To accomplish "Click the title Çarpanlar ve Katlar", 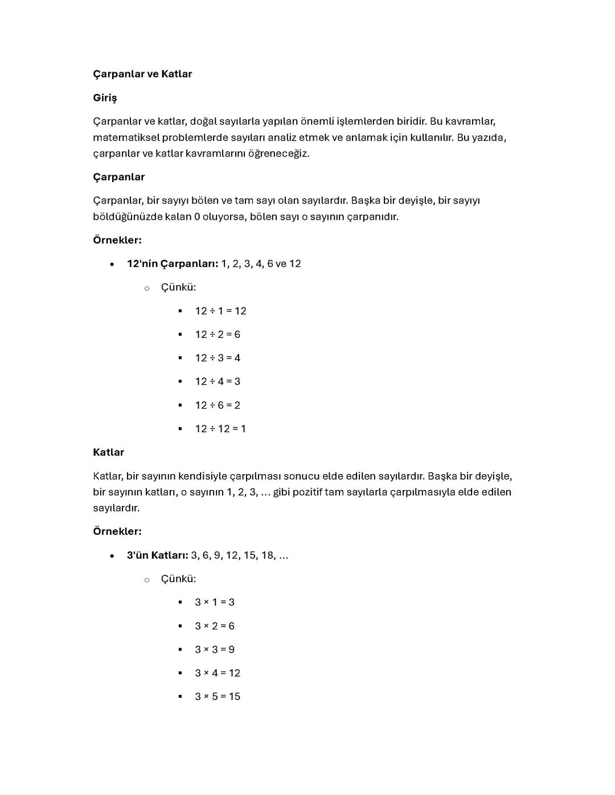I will [142, 74].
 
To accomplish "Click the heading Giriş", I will [105, 98].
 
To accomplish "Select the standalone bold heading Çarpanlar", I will [118, 177].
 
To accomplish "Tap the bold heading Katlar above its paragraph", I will [108, 452].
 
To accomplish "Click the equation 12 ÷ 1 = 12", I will [220, 311].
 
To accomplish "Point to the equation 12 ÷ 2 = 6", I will [218, 335].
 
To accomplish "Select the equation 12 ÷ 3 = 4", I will [218, 358].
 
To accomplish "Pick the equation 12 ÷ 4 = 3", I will [218, 381].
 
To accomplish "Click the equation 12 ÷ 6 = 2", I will [218, 405].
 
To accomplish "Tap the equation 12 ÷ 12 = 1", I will [220, 429].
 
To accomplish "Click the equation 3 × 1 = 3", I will [215, 602].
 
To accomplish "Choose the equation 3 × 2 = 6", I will [215, 626].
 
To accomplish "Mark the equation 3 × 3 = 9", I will [215, 649].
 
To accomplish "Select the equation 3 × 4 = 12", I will [218, 673].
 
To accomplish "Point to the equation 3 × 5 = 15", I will [218, 697].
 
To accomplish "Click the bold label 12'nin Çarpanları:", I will [173, 264].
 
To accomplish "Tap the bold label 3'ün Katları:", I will [157, 555].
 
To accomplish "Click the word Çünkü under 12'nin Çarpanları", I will [178, 287].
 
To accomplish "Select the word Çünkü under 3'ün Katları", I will [178, 579].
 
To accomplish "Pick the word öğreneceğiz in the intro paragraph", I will [278, 154].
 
